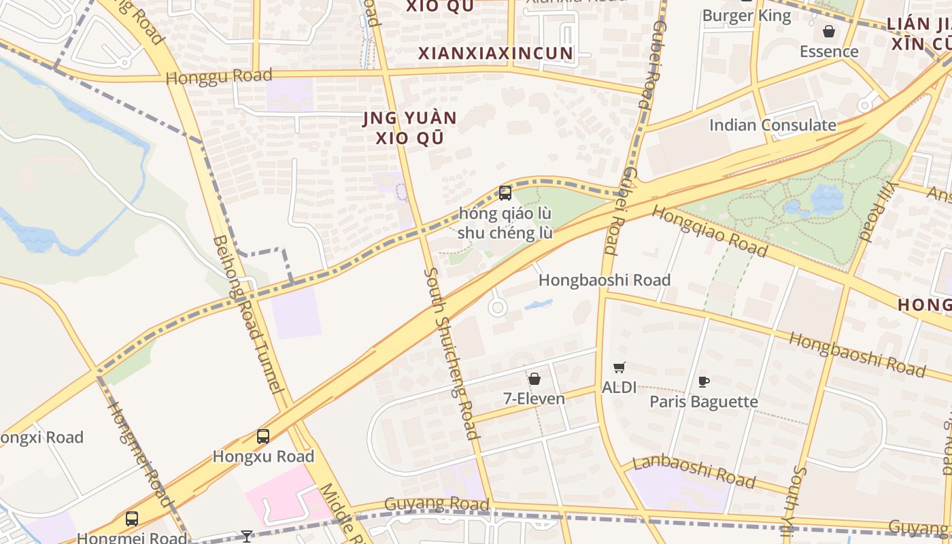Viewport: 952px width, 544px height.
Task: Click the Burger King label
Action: click(x=747, y=16)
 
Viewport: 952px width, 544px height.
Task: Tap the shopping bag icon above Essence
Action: click(x=829, y=31)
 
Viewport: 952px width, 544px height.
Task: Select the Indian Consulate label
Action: click(x=772, y=125)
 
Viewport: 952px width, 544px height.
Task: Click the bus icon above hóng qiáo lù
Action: click(x=505, y=193)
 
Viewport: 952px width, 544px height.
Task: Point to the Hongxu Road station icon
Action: click(x=263, y=437)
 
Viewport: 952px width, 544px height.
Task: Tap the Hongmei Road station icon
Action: click(x=132, y=519)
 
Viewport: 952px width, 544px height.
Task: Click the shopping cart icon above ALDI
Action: click(x=619, y=368)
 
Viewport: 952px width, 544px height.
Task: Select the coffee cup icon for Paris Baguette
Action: click(x=704, y=382)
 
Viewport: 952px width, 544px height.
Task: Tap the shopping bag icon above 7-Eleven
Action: click(x=534, y=379)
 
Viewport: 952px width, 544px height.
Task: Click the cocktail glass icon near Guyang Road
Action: click(x=246, y=537)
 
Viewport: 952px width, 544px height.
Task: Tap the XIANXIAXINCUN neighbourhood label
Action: click(x=496, y=53)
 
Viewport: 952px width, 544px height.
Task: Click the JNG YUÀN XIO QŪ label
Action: click(x=409, y=128)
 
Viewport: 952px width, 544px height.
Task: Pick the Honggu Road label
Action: click(x=219, y=76)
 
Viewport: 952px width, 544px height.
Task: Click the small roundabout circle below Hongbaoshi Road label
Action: click(x=498, y=308)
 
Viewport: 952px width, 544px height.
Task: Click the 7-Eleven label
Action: click(x=534, y=398)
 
